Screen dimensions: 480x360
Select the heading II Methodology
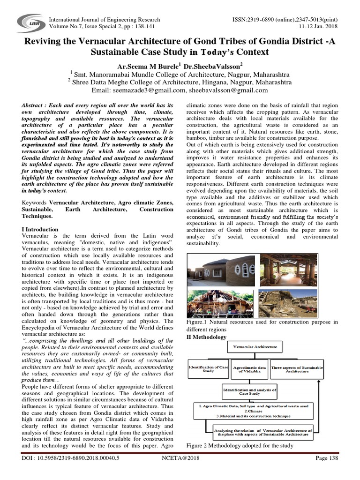tap(207, 337)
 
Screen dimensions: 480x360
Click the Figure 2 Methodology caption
tap(240, 445)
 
